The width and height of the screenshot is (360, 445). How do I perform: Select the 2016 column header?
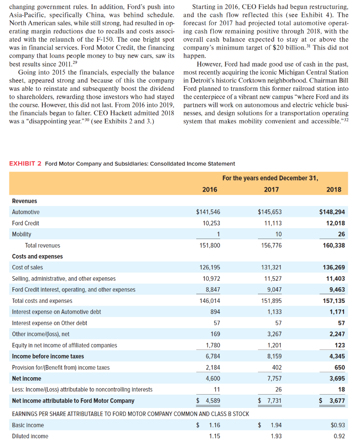pos(210,189)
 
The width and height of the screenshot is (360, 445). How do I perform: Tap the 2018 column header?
pos(334,189)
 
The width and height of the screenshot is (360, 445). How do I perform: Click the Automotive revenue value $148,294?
pos(332,212)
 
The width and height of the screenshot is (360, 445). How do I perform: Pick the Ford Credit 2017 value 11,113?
pos(272,223)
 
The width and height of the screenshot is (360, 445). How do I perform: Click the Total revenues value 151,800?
pos(209,246)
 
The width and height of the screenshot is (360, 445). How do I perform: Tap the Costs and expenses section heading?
pos(37,256)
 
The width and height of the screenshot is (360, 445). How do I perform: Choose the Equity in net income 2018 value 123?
pos(340,345)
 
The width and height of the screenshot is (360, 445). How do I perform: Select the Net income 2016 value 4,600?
pos(211,379)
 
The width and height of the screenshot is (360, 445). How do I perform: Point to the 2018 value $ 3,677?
pos(333,401)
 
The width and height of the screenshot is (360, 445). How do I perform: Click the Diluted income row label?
pos(30,436)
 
